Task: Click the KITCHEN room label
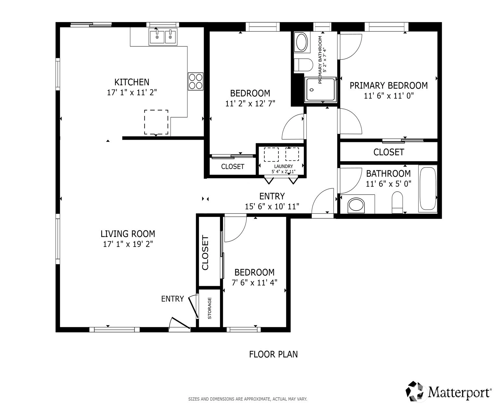pos(132,82)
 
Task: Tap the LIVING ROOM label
pos(128,234)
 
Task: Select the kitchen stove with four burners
pos(195,81)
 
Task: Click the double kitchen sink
pos(163,36)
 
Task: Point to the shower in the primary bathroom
pos(321,90)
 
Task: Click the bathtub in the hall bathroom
pos(427,188)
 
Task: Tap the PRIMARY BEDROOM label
pos(389,85)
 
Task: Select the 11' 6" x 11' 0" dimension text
pos(389,96)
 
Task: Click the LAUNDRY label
pos(284,166)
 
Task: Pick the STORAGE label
pos(210,308)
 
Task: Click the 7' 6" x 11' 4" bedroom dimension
pos(254,282)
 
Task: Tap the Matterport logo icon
pos(416,391)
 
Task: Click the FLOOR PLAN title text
pos(274,354)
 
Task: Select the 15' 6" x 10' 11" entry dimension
pos(272,207)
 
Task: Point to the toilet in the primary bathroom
pos(303,65)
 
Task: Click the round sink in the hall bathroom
pos(356,205)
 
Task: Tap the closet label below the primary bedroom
pos(389,152)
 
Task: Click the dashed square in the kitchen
pos(156,122)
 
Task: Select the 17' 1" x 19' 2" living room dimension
pos(128,244)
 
